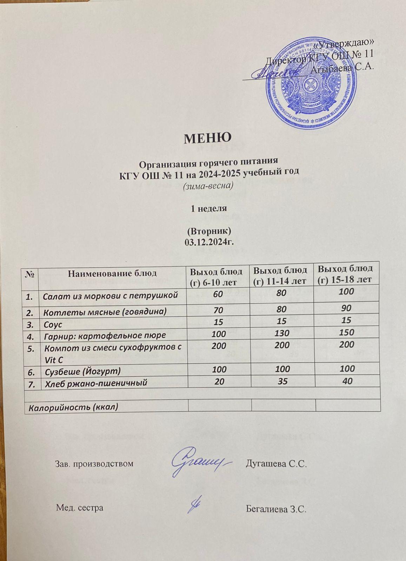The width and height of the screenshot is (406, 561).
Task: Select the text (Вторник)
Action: (208, 231)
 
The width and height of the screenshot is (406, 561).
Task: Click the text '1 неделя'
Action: (208, 208)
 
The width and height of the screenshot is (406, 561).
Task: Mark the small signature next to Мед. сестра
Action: (197, 505)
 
